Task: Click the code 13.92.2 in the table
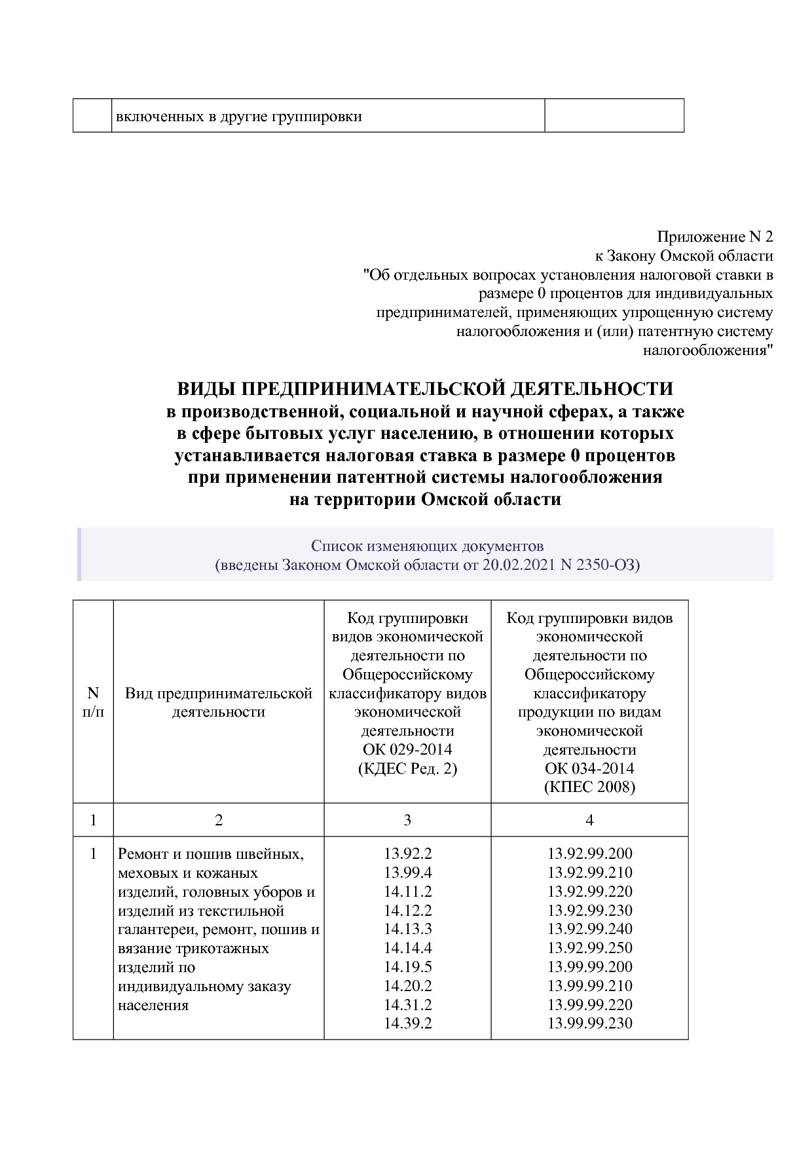click(x=407, y=854)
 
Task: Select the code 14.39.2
click(x=407, y=1023)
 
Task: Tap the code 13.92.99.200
click(x=589, y=854)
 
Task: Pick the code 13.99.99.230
click(x=589, y=1023)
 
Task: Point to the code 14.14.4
click(x=407, y=948)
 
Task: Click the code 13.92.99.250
click(x=589, y=948)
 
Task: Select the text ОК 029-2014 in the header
click(x=407, y=749)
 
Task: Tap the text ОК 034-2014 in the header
click(x=589, y=768)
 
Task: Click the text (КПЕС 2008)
click(x=589, y=787)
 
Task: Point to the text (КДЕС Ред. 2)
click(x=407, y=768)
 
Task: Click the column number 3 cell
click(x=407, y=820)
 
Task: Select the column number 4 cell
click(x=589, y=820)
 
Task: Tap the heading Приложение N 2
click(x=714, y=236)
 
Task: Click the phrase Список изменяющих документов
click(x=427, y=546)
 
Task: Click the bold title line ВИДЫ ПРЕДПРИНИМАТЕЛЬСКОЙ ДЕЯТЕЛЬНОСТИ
click(x=425, y=388)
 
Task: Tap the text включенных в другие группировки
click(x=239, y=117)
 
